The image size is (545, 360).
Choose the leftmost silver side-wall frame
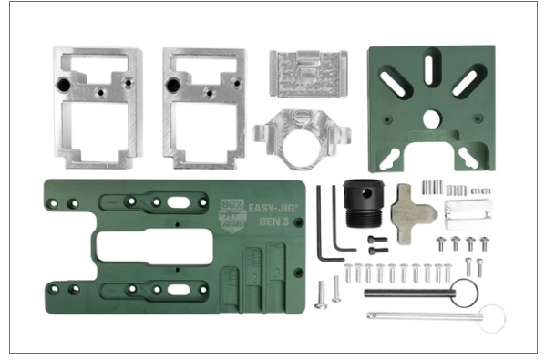coord(98,108)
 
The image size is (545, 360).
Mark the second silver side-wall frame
coord(206,108)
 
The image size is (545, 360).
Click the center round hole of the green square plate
coord(431,118)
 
